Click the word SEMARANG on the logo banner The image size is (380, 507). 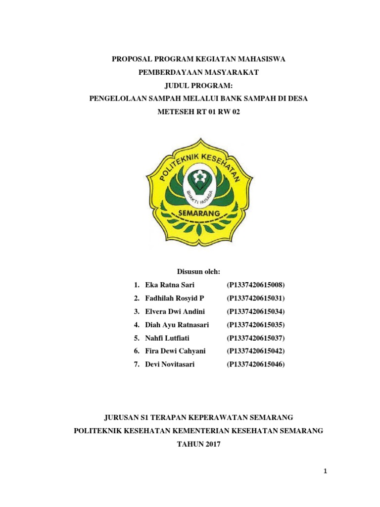[198, 213]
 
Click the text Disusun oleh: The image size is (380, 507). [198, 272]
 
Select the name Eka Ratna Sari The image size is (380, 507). [170, 285]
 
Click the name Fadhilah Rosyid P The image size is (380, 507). [175, 298]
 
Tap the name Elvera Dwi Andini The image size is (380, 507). [175, 311]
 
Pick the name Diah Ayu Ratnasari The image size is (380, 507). [177, 325]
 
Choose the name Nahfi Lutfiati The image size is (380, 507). [167, 338]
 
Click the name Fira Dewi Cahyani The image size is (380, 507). [175, 351]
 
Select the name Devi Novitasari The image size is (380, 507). [170, 364]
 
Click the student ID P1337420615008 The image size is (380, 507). [256, 285]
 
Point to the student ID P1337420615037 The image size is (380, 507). [256, 338]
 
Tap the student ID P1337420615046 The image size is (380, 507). [256, 364]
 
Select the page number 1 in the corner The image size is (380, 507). [325, 472]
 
